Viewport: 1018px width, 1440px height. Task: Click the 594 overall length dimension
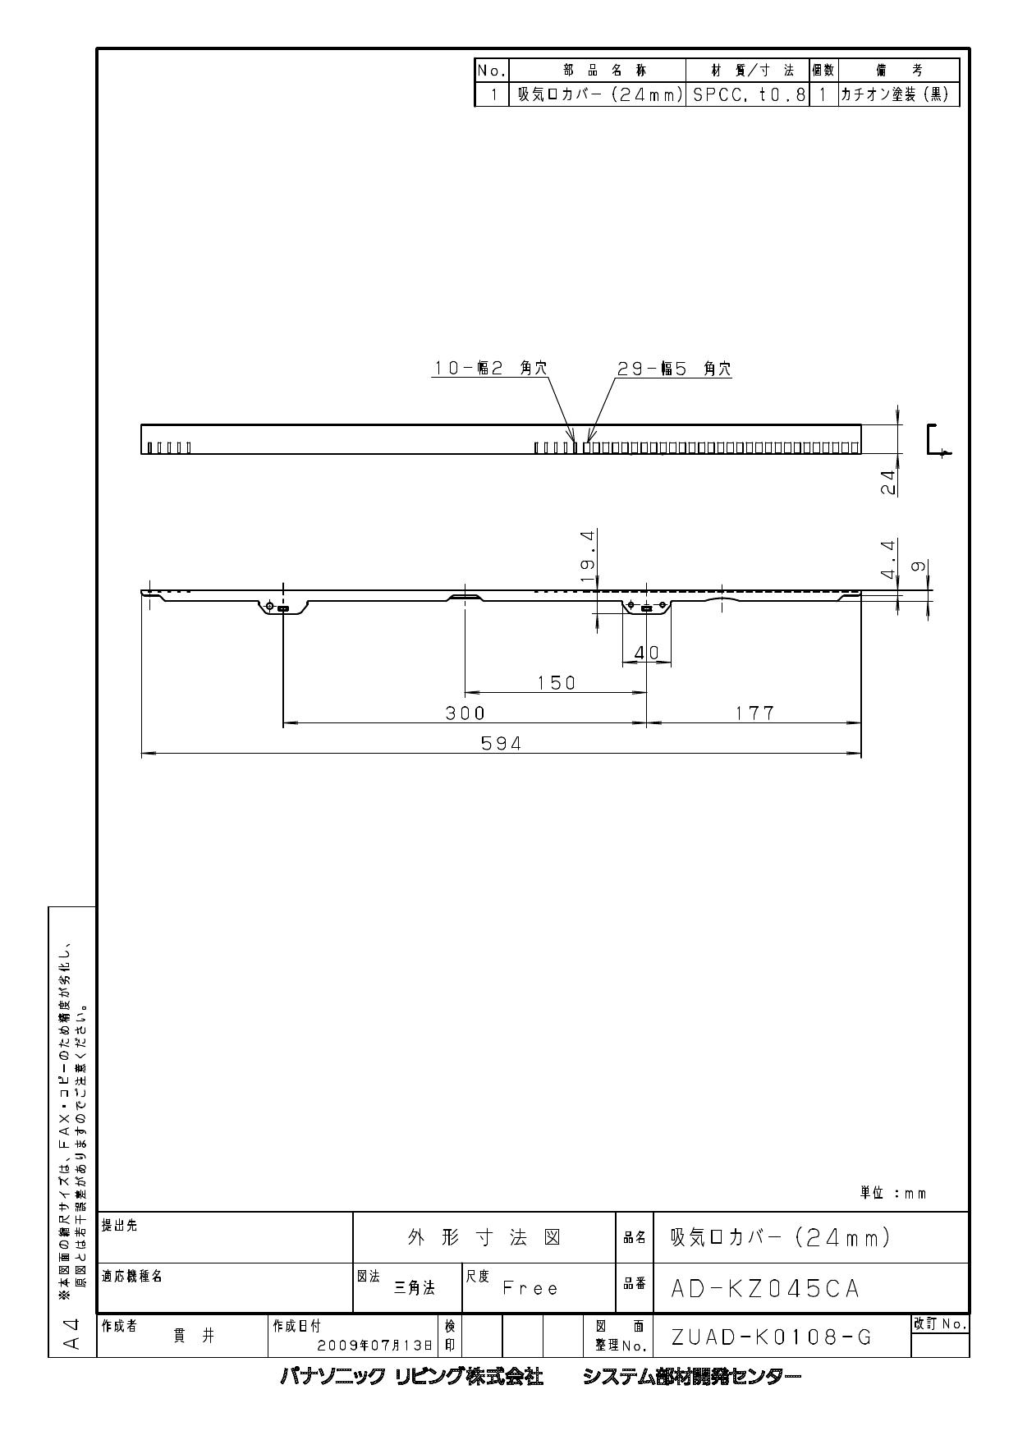pyautogui.click(x=501, y=744)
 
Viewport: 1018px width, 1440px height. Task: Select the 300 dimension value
pyautogui.click(x=465, y=713)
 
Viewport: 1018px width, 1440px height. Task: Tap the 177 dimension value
pyautogui.click(x=754, y=713)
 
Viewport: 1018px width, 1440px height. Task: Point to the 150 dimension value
pyautogui.click(x=557, y=683)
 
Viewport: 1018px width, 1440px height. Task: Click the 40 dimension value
pyautogui.click(x=648, y=654)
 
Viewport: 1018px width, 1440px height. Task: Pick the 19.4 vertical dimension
pyautogui.click(x=587, y=556)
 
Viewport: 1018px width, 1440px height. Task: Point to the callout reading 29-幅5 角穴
pyautogui.click(x=674, y=370)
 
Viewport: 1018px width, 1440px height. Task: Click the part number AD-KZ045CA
pyautogui.click(x=765, y=1289)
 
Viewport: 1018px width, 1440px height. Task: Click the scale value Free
pyautogui.click(x=530, y=1289)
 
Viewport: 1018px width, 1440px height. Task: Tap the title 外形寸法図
pyautogui.click(x=484, y=1239)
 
